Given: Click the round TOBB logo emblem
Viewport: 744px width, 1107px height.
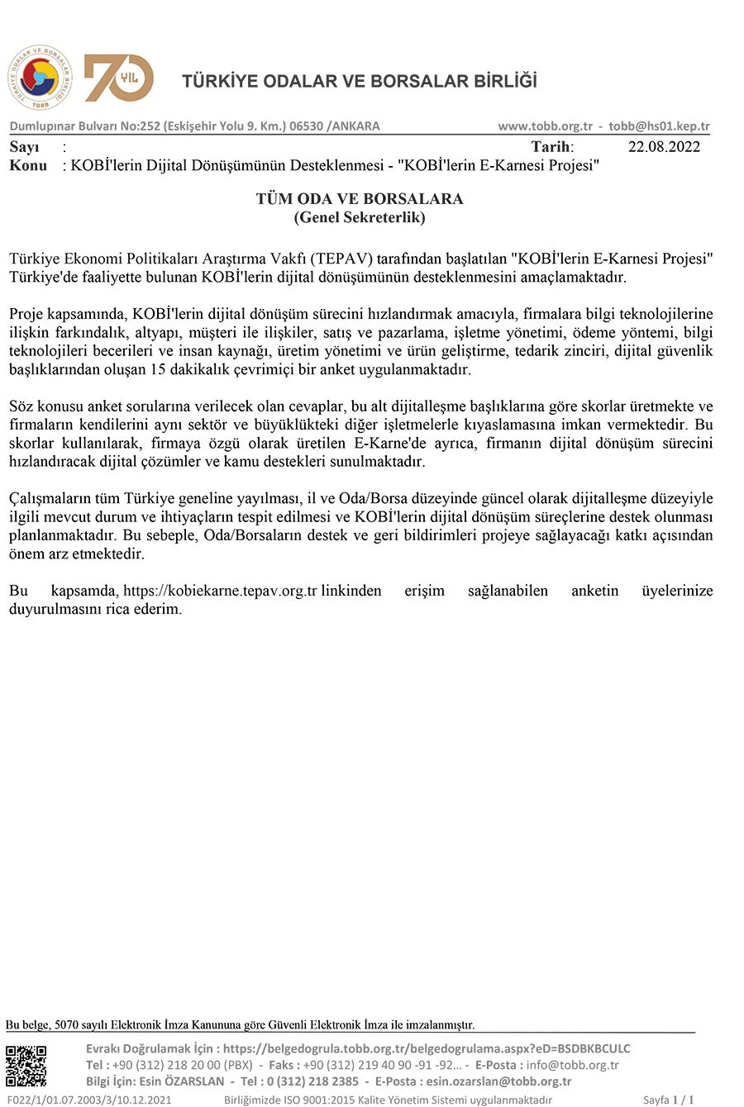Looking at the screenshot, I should pos(40,78).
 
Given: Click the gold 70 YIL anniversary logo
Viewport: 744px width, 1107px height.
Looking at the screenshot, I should pos(118,78).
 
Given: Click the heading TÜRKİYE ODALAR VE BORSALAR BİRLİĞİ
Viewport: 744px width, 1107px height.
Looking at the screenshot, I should pos(359,81).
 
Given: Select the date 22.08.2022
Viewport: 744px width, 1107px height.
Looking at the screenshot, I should pos(664,147).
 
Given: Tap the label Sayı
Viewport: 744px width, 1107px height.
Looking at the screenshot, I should pos(24,147).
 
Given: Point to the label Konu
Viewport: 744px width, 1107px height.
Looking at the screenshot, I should pos(28,165).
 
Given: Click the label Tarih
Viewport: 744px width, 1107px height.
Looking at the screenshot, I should pos(551,147).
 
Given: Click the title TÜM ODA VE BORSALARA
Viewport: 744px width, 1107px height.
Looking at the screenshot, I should pos(360,199).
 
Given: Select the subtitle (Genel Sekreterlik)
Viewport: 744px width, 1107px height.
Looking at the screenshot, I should pos(360,217).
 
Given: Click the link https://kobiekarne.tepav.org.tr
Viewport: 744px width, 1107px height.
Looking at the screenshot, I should pos(220,592).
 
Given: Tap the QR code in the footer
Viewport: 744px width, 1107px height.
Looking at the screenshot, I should pos(26,1066).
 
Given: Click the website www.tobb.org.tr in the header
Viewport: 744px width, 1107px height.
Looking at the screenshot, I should pos(545,126).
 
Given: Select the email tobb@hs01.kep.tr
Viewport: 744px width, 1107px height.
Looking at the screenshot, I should pos(659,126).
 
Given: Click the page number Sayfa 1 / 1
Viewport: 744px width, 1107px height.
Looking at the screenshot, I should pos(668,1100).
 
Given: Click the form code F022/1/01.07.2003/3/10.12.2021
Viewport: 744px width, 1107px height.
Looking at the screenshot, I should pos(88,1100).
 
